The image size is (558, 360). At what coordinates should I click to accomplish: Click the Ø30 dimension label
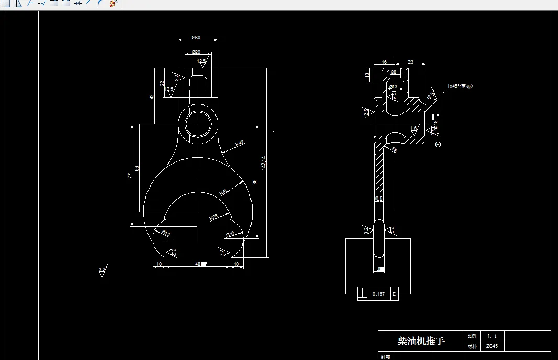tap(197, 37)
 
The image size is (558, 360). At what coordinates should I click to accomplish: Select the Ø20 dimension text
tap(196, 52)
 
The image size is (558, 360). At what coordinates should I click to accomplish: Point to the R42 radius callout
tap(240, 143)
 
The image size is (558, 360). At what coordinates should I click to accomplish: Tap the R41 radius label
tap(223, 192)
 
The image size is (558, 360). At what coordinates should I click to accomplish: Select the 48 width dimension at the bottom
tap(198, 264)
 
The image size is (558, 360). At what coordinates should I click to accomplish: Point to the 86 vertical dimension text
tap(255, 182)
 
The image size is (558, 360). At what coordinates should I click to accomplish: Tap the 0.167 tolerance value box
tap(379, 294)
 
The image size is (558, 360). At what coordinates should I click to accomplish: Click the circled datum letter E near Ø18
tap(438, 144)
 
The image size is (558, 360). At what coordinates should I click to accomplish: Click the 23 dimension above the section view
tap(410, 62)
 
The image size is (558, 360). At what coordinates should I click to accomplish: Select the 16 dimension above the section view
tap(384, 62)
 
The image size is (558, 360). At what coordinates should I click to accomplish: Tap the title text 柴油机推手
tap(421, 341)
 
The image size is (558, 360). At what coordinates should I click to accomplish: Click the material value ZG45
tap(492, 346)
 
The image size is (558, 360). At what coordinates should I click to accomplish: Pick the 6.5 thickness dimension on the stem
tap(379, 198)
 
